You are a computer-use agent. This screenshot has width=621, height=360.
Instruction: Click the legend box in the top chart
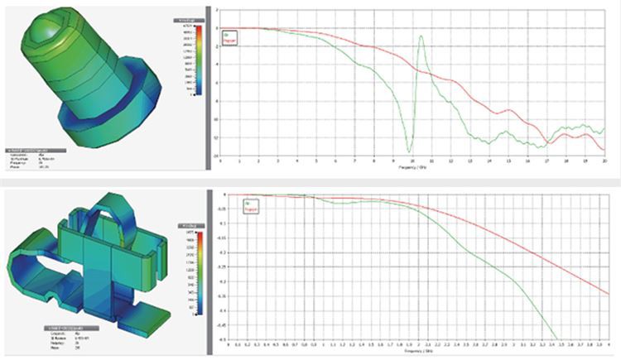(x=230, y=36)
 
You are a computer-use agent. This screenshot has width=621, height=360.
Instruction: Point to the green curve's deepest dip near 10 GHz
(x=409, y=151)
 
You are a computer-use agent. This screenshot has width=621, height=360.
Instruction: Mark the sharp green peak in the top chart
(x=422, y=36)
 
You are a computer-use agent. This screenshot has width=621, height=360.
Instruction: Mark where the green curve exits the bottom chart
(x=556, y=338)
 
